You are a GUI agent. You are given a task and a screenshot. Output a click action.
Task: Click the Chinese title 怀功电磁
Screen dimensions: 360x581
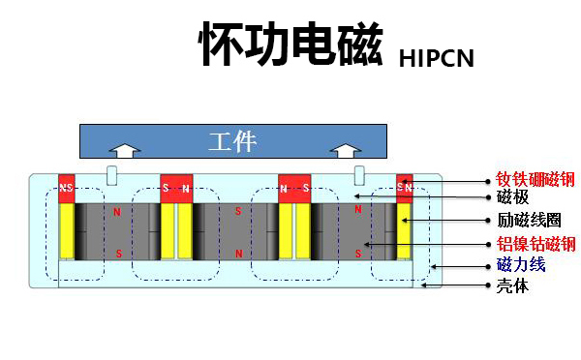tap(290, 45)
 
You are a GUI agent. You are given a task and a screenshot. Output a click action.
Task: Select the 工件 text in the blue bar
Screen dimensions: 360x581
tap(232, 141)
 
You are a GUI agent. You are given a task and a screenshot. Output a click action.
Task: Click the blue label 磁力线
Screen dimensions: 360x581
tap(519, 265)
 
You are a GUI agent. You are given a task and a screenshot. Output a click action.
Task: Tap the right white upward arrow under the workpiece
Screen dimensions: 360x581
tap(343, 151)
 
